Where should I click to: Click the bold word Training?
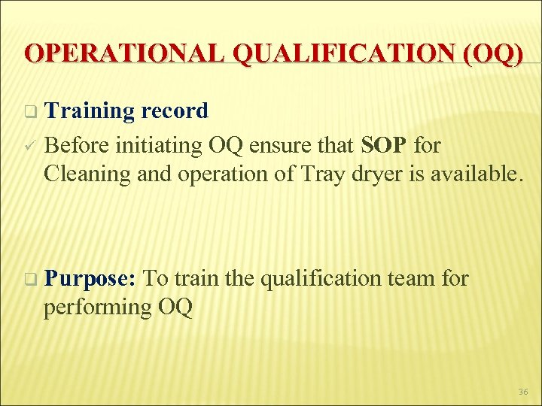pos(89,111)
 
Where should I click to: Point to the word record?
pos(174,111)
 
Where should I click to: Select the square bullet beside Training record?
pos(29,112)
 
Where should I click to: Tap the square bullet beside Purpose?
pos(29,280)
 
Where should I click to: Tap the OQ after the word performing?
pos(174,308)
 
